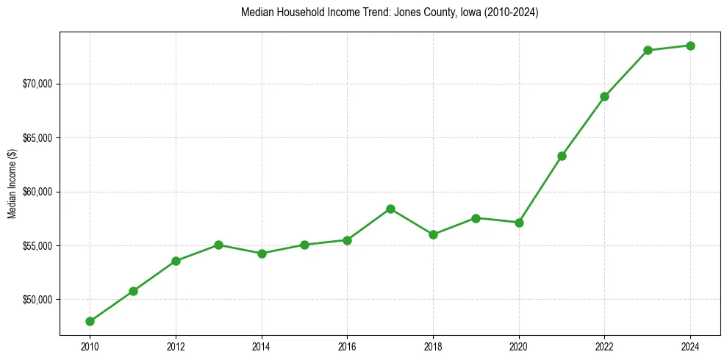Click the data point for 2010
point(90,321)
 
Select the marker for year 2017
point(390,209)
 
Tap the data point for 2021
point(562,156)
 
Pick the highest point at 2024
point(691,46)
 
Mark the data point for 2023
point(648,50)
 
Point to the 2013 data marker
point(218,245)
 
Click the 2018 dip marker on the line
point(433,234)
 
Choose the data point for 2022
point(605,96)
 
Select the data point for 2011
point(133,291)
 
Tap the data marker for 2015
point(304,245)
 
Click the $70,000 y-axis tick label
point(38,84)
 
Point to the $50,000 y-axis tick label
point(38,300)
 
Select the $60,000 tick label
point(38,192)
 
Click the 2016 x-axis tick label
point(347,346)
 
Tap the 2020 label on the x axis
point(519,346)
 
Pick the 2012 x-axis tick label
point(176,346)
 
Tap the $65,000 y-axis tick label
point(38,138)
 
